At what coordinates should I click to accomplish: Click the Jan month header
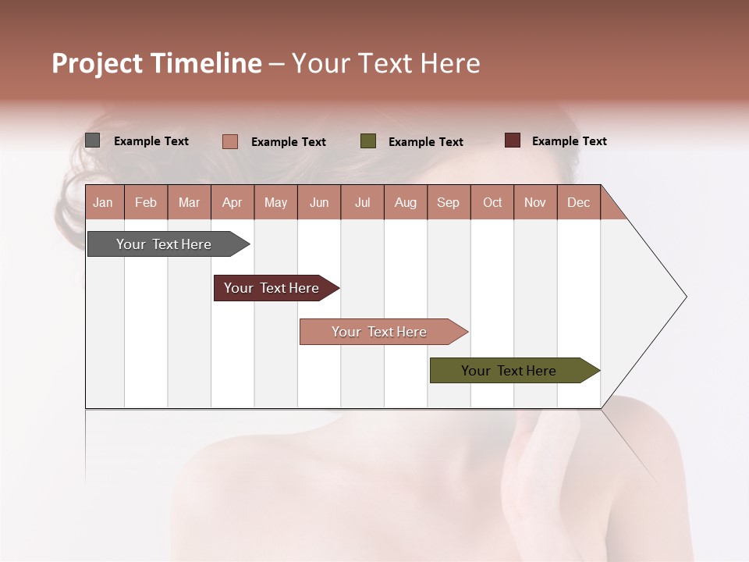click(103, 202)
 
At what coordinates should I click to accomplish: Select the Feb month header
click(146, 202)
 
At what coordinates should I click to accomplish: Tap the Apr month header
click(232, 202)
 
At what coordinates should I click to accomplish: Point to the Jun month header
click(319, 202)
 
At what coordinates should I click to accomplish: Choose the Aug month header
click(405, 202)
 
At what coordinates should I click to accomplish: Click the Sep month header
click(448, 202)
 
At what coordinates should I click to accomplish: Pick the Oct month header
click(492, 202)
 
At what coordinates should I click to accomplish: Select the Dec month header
click(578, 202)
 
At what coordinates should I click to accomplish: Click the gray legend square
click(93, 140)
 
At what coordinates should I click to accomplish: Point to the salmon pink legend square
click(230, 141)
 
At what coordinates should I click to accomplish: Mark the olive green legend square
click(368, 141)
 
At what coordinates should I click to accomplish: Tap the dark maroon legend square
click(513, 140)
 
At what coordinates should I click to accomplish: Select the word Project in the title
click(97, 63)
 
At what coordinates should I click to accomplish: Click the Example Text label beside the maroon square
click(569, 141)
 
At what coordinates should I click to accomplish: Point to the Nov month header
click(535, 202)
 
